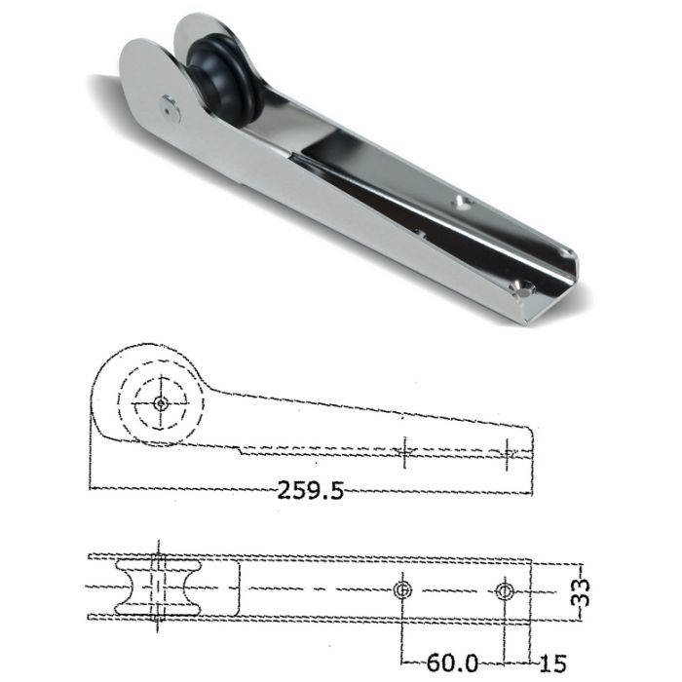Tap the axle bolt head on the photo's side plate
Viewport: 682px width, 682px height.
click(x=171, y=108)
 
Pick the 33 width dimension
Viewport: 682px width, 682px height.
click(x=583, y=589)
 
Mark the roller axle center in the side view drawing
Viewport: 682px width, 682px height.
click(x=159, y=401)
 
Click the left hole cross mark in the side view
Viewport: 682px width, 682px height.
click(x=405, y=451)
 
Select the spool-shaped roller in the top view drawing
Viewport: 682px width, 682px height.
click(x=155, y=588)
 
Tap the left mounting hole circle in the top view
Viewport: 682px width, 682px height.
click(x=402, y=590)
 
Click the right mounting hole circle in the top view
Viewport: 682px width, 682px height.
click(x=503, y=590)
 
